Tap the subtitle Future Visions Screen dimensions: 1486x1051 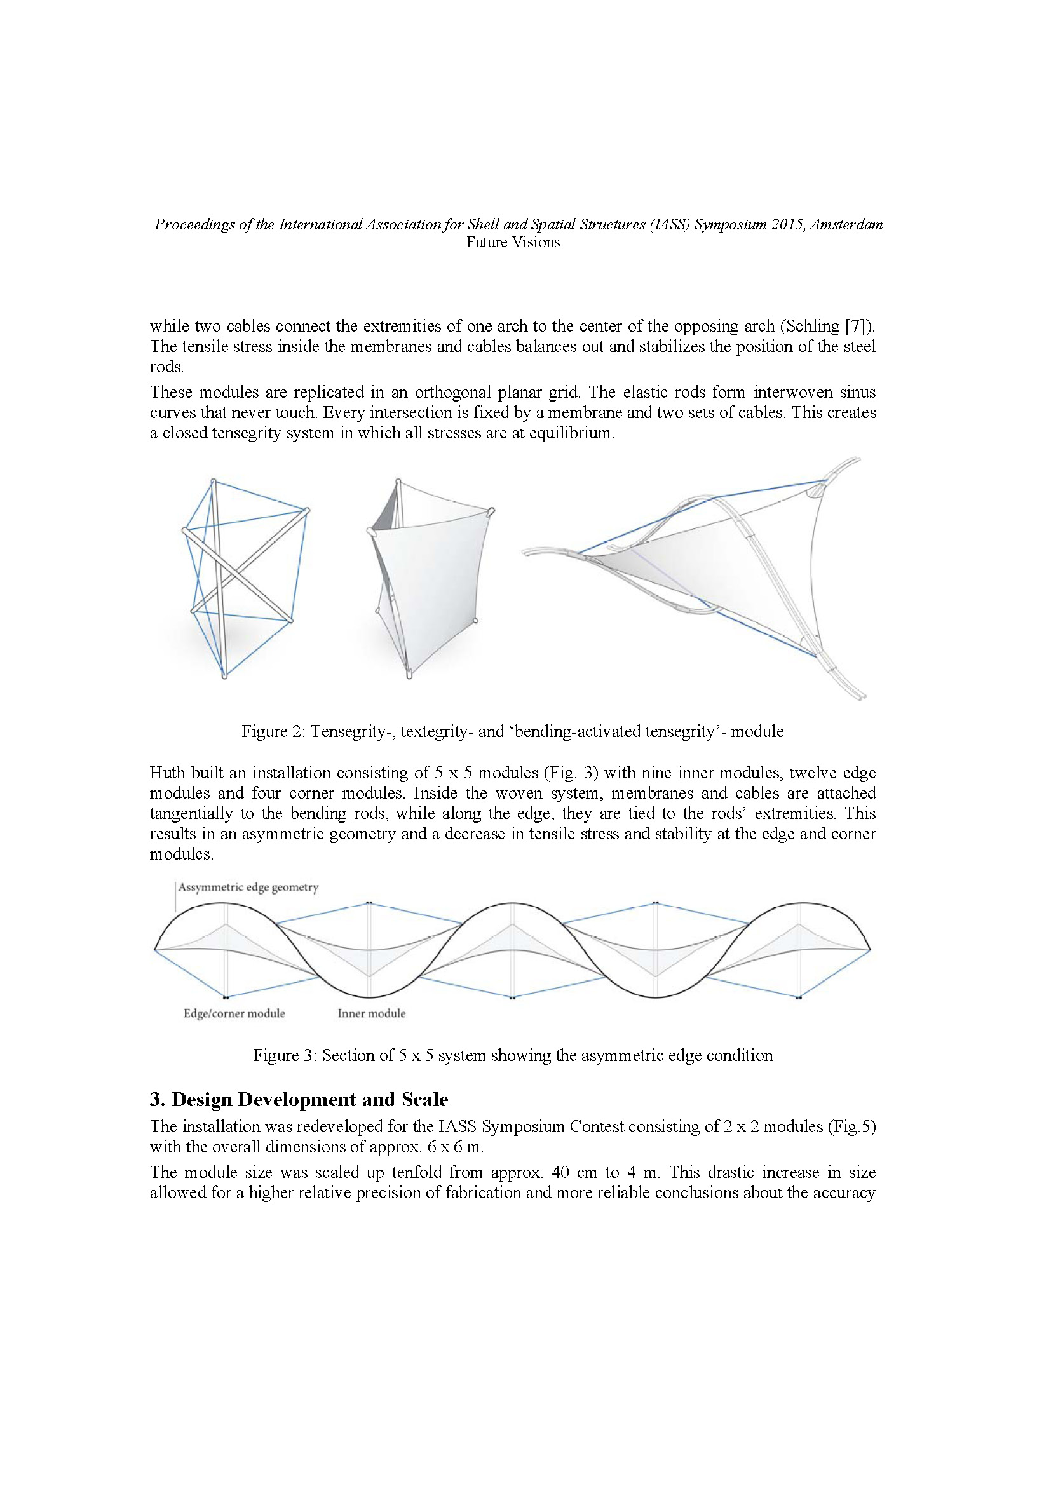(513, 243)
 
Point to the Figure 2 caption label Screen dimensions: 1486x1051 (273, 731)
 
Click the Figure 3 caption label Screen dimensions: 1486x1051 (284, 1055)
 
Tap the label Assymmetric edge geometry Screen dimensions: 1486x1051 (248, 888)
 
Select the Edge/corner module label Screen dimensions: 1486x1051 (234, 1013)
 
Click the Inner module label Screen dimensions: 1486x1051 (372, 1013)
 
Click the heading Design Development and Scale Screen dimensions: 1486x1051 (309, 1100)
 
